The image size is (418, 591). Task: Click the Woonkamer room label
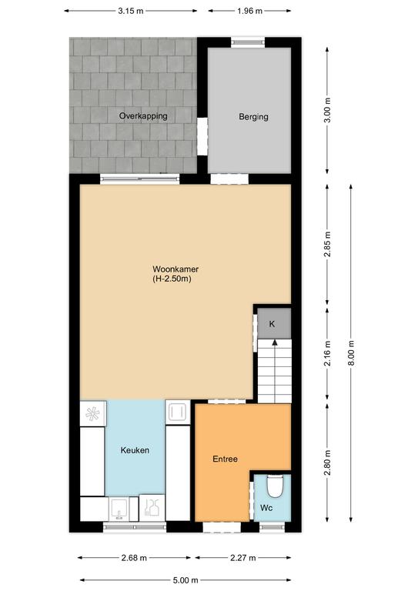176,269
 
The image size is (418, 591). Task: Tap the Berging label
253,116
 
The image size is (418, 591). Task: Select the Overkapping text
143,115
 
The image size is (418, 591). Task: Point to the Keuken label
135,450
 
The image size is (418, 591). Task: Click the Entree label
225,459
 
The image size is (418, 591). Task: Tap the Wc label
266,508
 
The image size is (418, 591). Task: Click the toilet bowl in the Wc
274,486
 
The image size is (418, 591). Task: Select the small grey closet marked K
274,323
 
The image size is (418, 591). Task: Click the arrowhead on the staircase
275,342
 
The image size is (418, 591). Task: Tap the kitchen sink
119,509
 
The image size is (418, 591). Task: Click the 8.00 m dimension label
351,352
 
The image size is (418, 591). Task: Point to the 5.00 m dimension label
185,580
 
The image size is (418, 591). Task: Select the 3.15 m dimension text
131,11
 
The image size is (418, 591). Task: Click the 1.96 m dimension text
249,11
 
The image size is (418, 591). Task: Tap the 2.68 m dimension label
134,558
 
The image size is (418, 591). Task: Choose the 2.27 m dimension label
243,558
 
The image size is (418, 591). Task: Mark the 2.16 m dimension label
327,353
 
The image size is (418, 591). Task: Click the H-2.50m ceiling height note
172,279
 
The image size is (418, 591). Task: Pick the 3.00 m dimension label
327,110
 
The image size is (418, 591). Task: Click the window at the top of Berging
248,42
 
